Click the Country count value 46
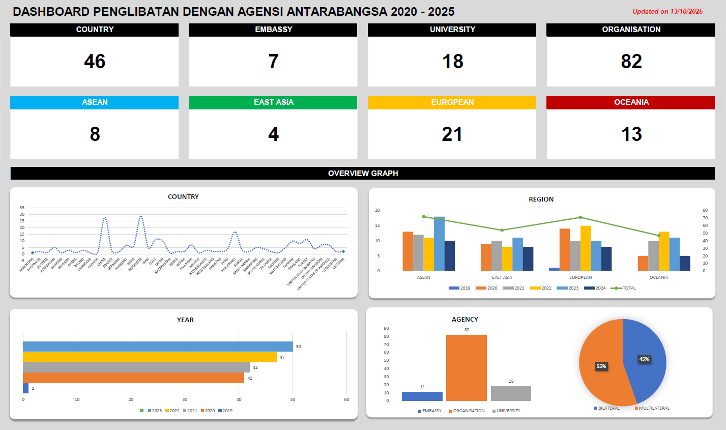point(95,62)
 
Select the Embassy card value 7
point(273,62)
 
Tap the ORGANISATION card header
point(631,30)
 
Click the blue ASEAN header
point(95,102)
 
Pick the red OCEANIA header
point(631,102)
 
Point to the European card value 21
point(452,134)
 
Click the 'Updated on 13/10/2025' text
point(667,11)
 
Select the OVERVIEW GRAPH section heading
point(363,174)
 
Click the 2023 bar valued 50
point(158,347)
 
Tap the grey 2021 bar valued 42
point(136,367)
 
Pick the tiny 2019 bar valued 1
point(25,388)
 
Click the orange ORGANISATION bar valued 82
point(466,367)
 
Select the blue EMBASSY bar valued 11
point(422,396)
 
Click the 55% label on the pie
point(601,366)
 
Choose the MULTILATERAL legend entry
point(654,408)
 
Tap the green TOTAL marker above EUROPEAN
point(580,217)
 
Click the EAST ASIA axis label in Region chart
point(502,277)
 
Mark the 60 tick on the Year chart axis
point(346,399)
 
